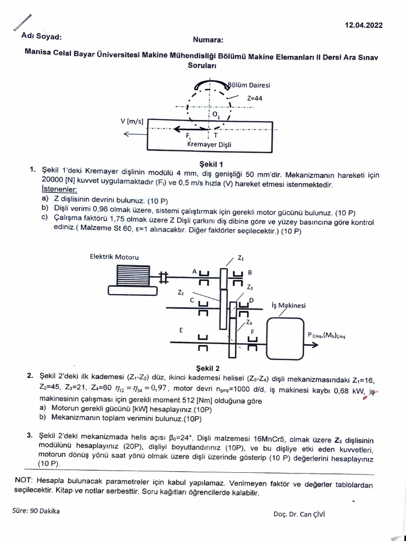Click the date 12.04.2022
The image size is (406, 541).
(364, 24)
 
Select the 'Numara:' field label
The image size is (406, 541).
(208, 40)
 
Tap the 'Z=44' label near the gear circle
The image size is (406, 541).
(255, 98)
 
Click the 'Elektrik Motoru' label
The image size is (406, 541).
(114, 257)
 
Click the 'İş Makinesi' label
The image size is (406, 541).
(288, 305)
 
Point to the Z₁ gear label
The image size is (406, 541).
(241, 258)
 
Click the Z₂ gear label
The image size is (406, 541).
(181, 292)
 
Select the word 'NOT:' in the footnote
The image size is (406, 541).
(24, 480)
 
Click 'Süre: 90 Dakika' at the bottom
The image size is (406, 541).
(36, 511)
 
